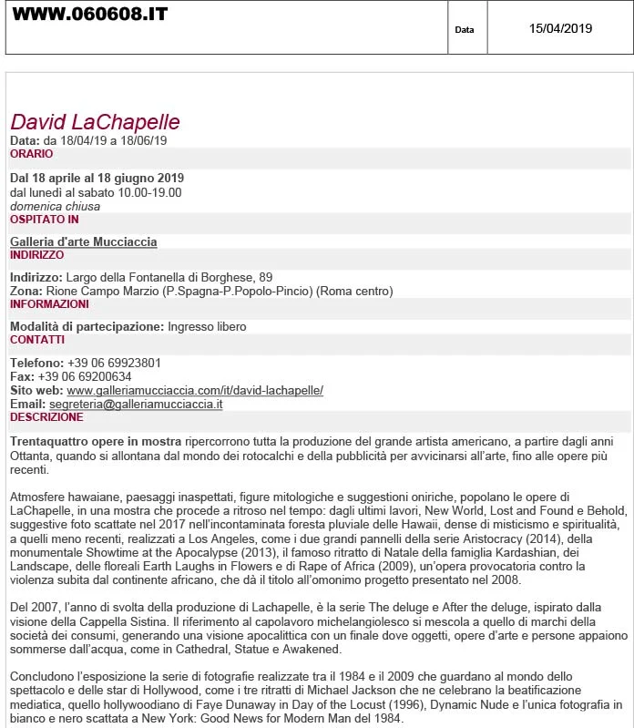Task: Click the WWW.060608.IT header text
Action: [89, 15]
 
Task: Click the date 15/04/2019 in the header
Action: [560, 28]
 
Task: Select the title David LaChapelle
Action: [95, 122]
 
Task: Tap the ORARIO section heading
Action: [31, 154]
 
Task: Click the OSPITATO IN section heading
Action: [44, 220]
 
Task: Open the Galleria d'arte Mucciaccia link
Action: [83, 241]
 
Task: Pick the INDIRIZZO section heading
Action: [36, 255]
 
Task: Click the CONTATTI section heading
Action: [36, 340]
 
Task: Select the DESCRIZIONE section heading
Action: [46, 417]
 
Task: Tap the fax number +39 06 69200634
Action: [85, 376]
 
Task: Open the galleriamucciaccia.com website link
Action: [195, 390]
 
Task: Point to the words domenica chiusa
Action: [55, 206]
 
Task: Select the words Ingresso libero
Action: [207, 326]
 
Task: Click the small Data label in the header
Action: [465, 30]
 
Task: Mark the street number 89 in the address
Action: [266, 277]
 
